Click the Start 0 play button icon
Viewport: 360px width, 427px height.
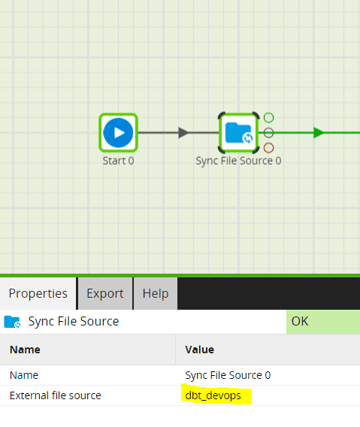pyautogui.click(x=118, y=132)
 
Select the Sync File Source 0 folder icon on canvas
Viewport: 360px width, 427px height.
pyautogui.click(x=238, y=132)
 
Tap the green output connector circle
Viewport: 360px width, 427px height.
pyautogui.click(x=268, y=117)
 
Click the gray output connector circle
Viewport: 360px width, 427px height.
pyautogui.click(x=268, y=132)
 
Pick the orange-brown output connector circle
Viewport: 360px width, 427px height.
pyautogui.click(x=268, y=147)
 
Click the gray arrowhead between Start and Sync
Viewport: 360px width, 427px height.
pyautogui.click(x=183, y=132)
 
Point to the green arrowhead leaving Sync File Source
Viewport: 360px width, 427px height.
pyautogui.click(x=319, y=132)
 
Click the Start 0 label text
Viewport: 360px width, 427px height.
pyautogui.click(x=118, y=161)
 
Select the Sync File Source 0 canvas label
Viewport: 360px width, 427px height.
pyautogui.click(x=238, y=161)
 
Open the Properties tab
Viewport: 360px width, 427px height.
pyautogui.click(x=38, y=293)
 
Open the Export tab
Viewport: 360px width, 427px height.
pyautogui.click(x=105, y=293)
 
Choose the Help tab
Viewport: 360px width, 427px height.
pyautogui.click(x=156, y=293)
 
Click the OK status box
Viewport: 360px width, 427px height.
pyautogui.click(x=323, y=322)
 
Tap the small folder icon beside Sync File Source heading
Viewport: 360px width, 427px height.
pyautogui.click(x=12, y=322)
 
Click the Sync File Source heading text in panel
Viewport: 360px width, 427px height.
pyautogui.click(x=74, y=321)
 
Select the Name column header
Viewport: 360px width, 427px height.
pyautogui.click(x=25, y=350)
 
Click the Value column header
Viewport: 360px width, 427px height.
pyautogui.click(x=200, y=350)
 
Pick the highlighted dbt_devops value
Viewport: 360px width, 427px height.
pyautogui.click(x=213, y=395)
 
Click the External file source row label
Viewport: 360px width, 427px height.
pyautogui.click(x=56, y=395)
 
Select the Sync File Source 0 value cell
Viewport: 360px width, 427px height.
pyautogui.click(x=228, y=375)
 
